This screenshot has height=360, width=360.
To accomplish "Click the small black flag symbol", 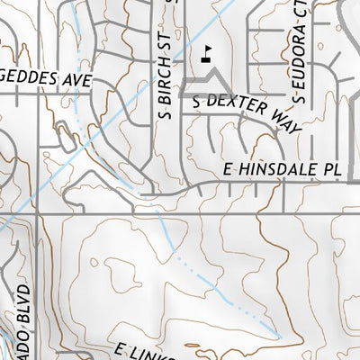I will tap(208, 53).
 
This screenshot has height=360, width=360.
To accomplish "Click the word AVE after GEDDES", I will tap(80, 80).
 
